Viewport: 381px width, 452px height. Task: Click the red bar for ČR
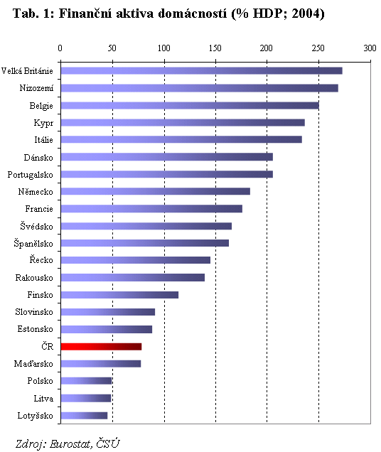click(101, 347)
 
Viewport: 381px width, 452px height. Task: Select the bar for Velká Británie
click(202, 70)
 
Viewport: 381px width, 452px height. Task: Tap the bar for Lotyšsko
click(84, 416)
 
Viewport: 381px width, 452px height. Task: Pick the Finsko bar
click(119, 295)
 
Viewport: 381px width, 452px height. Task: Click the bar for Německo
click(156, 191)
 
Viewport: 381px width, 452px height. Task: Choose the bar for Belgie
click(190, 105)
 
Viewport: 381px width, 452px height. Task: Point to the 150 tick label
click(215, 48)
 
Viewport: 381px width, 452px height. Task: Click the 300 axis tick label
click(370, 48)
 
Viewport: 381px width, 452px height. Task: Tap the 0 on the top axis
click(60, 48)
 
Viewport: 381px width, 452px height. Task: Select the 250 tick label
click(318, 48)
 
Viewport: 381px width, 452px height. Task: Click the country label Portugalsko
click(31, 175)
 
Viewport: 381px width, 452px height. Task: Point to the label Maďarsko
click(33, 364)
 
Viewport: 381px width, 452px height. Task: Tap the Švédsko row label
click(37, 226)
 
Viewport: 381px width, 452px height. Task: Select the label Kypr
click(43, 123)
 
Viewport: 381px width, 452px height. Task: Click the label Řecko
click(41, 259)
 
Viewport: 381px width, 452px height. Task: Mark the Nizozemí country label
click(36, 88)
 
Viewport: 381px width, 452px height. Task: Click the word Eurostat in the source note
click(70, 443)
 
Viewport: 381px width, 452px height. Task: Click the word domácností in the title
click(193, 14)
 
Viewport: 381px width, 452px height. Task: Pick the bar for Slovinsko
click(108, 312)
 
